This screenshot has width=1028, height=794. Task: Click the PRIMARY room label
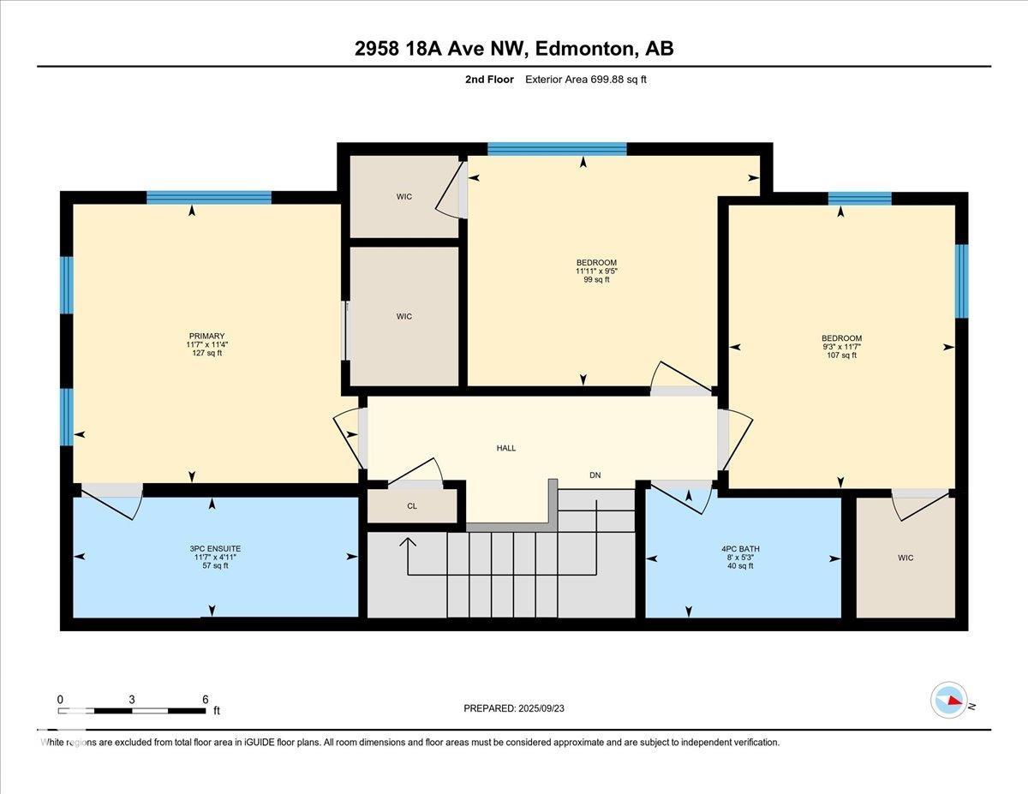click(x=206, y=337)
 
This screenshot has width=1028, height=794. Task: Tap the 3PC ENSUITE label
click(x=215, y=548)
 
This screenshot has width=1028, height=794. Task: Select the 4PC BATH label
click(x=740, y=548)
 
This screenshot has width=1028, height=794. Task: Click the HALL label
click(x=505, y=448)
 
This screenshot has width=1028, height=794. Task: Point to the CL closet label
click(x=412, y=506)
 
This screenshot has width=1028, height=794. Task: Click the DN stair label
click(x=595, y=475)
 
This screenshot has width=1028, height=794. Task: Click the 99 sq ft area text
click(x=596, y=279)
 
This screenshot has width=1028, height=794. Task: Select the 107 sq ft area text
click(x=841, y=355)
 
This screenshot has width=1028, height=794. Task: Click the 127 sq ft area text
click(x=206, y=353)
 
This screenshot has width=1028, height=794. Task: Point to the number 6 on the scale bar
click(x=206, y=700)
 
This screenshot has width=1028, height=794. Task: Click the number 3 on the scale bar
click(x=132, y=700)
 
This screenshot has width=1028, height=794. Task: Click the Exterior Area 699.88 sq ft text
click(x=586, y=80)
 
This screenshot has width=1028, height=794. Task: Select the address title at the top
click(x=514, y=49)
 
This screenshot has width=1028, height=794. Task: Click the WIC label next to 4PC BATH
click(x=905, y=558)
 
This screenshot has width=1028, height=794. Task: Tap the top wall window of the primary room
click(x=209, y=198)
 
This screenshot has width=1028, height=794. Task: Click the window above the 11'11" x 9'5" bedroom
click(x=558, y=149)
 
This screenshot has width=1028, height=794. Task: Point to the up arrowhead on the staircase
click(x=408, y=542)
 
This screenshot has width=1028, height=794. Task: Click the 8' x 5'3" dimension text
click(x=740, y=557)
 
